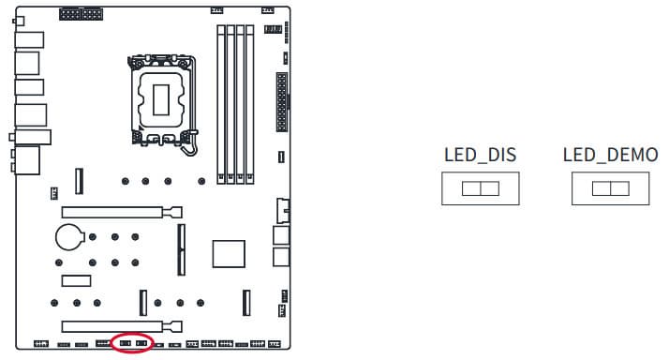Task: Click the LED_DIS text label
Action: point(480,156)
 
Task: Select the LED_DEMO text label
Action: point(610,156)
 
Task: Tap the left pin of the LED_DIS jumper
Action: point(471,188)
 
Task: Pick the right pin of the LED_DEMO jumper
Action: point(620,188)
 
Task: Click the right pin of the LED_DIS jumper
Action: point(490,188)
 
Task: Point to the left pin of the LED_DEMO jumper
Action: point(602,188)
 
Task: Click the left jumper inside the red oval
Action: point(125,343)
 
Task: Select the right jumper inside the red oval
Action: point(141,343)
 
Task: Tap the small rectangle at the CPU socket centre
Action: point(161,99)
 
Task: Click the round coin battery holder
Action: point(69,237)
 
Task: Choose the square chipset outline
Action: point(229,254)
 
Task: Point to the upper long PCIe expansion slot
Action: point(122,212)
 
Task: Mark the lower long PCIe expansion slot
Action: point(122,327)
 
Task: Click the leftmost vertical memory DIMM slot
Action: point(221,104)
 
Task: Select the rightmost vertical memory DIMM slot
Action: point(250,104)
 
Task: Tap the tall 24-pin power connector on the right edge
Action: point(282,102)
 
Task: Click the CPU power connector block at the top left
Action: point(81,14)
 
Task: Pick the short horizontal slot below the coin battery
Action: point(76,280)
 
